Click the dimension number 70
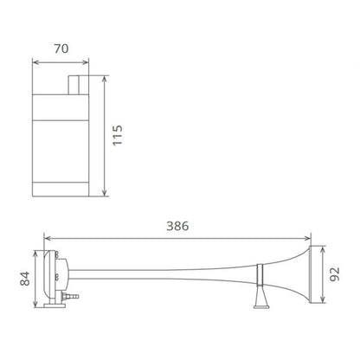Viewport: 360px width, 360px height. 60,50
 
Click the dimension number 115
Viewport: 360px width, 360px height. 119,133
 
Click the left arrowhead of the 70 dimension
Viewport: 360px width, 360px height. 35,61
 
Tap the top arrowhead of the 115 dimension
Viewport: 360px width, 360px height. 104,77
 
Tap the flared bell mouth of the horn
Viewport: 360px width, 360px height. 299,274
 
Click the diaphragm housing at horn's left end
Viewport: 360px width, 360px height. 55,275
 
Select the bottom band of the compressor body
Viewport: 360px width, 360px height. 61,188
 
